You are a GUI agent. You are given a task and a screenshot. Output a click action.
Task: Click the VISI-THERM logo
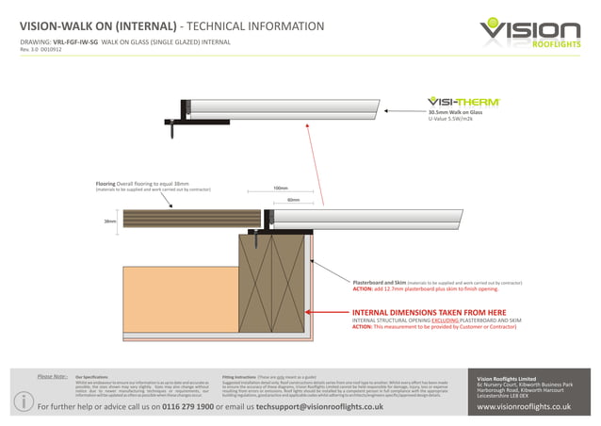(463, 101)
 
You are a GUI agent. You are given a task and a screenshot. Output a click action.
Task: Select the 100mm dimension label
(280, 188)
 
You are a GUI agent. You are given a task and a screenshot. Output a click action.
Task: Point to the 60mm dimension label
(293, 200)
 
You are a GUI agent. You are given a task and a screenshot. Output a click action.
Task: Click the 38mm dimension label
(109, 221)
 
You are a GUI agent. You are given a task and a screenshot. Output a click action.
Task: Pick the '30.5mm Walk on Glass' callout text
(455, 112)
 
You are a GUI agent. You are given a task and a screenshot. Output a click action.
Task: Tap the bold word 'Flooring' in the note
(106, 183)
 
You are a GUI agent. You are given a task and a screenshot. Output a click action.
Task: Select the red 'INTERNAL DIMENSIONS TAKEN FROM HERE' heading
(429, 312)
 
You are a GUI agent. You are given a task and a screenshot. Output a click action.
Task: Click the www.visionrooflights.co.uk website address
(532, 406)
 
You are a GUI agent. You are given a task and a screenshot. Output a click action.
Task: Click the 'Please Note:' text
(52, 375)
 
